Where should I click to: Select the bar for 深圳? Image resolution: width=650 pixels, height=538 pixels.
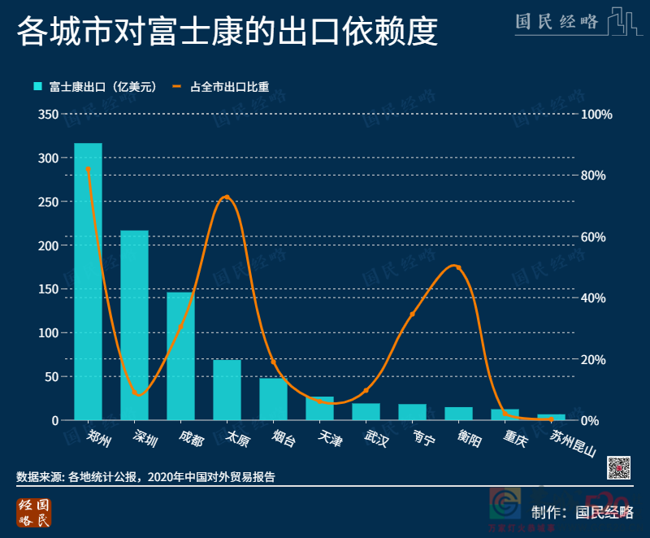(x=134, y=325)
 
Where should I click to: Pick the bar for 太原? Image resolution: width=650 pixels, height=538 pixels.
(x=227, y=389)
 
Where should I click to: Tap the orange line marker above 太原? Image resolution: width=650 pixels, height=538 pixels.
(x=227, y=197)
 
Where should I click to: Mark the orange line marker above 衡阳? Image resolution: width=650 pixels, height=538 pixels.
(x=458, y=267)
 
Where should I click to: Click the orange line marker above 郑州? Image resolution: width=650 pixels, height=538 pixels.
(x=88, y=169)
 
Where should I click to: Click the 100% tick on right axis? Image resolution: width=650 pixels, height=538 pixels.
(x=596, y=115)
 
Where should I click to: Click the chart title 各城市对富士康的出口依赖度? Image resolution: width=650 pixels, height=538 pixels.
(x=227, y=33)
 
